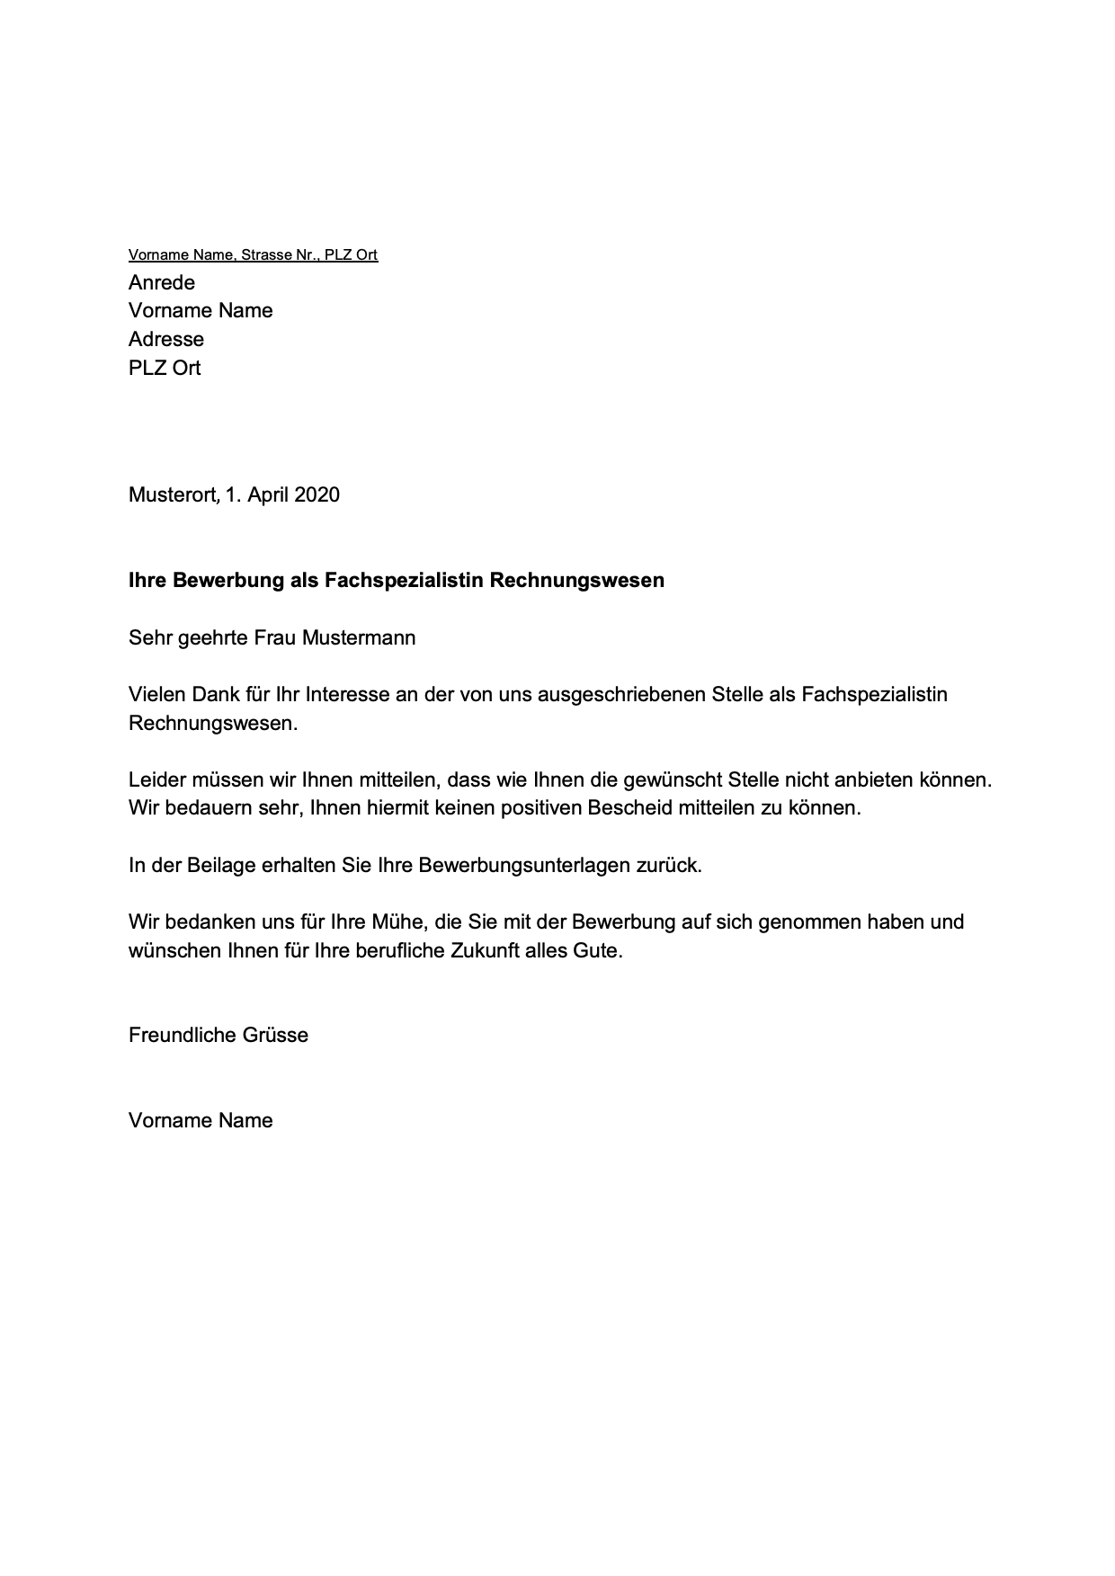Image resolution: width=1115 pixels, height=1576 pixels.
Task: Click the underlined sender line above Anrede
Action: click(253, 255)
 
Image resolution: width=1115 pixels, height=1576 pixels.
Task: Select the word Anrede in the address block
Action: click(162, 283)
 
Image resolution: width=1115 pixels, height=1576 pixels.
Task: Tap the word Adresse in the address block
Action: click(166, 340)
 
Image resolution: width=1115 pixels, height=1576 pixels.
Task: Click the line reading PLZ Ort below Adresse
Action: click(165, 369)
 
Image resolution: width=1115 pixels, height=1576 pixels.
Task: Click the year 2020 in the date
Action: click(317, 495)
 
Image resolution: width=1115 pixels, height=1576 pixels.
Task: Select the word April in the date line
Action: click(267, 495)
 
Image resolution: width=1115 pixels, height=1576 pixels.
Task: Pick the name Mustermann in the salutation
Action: click(359, 639)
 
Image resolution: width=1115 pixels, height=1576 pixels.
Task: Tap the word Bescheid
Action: click(629, 808)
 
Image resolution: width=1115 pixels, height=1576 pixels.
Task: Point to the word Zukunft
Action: click(492, 951)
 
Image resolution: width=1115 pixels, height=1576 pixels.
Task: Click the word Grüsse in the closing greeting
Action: click(275, 1036)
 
